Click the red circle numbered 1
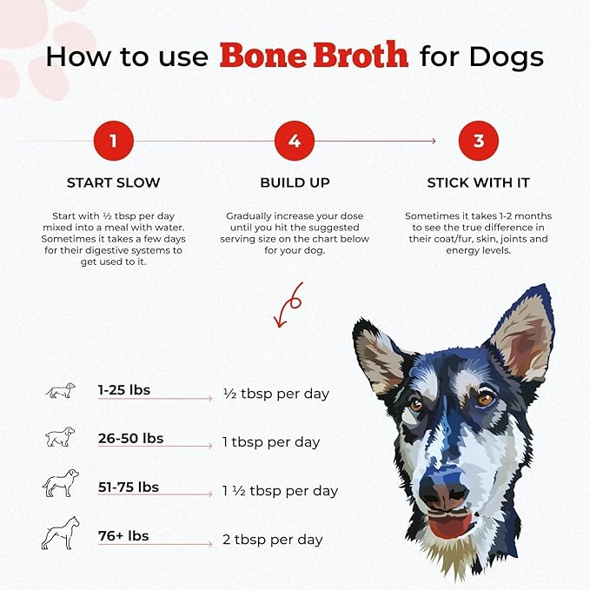pos(113,141)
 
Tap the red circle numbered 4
pos(295,141)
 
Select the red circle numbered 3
pos(478,141)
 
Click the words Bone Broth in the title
pos(314,56)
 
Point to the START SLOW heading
pos(113,183)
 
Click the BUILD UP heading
pos(295,183)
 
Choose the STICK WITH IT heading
pos(478,183)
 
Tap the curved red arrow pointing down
pos(287,305)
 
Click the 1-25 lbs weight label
pos(123,390)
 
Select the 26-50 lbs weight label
pos(130,438)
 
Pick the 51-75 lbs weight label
pos(129,487)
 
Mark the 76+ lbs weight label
pos(123,535)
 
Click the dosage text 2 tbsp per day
pos(272,540)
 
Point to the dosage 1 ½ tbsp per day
pos(280,491)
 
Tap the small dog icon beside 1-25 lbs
pos(60,390)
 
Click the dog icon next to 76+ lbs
pos(60,533)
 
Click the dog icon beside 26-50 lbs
pos(60,437)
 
